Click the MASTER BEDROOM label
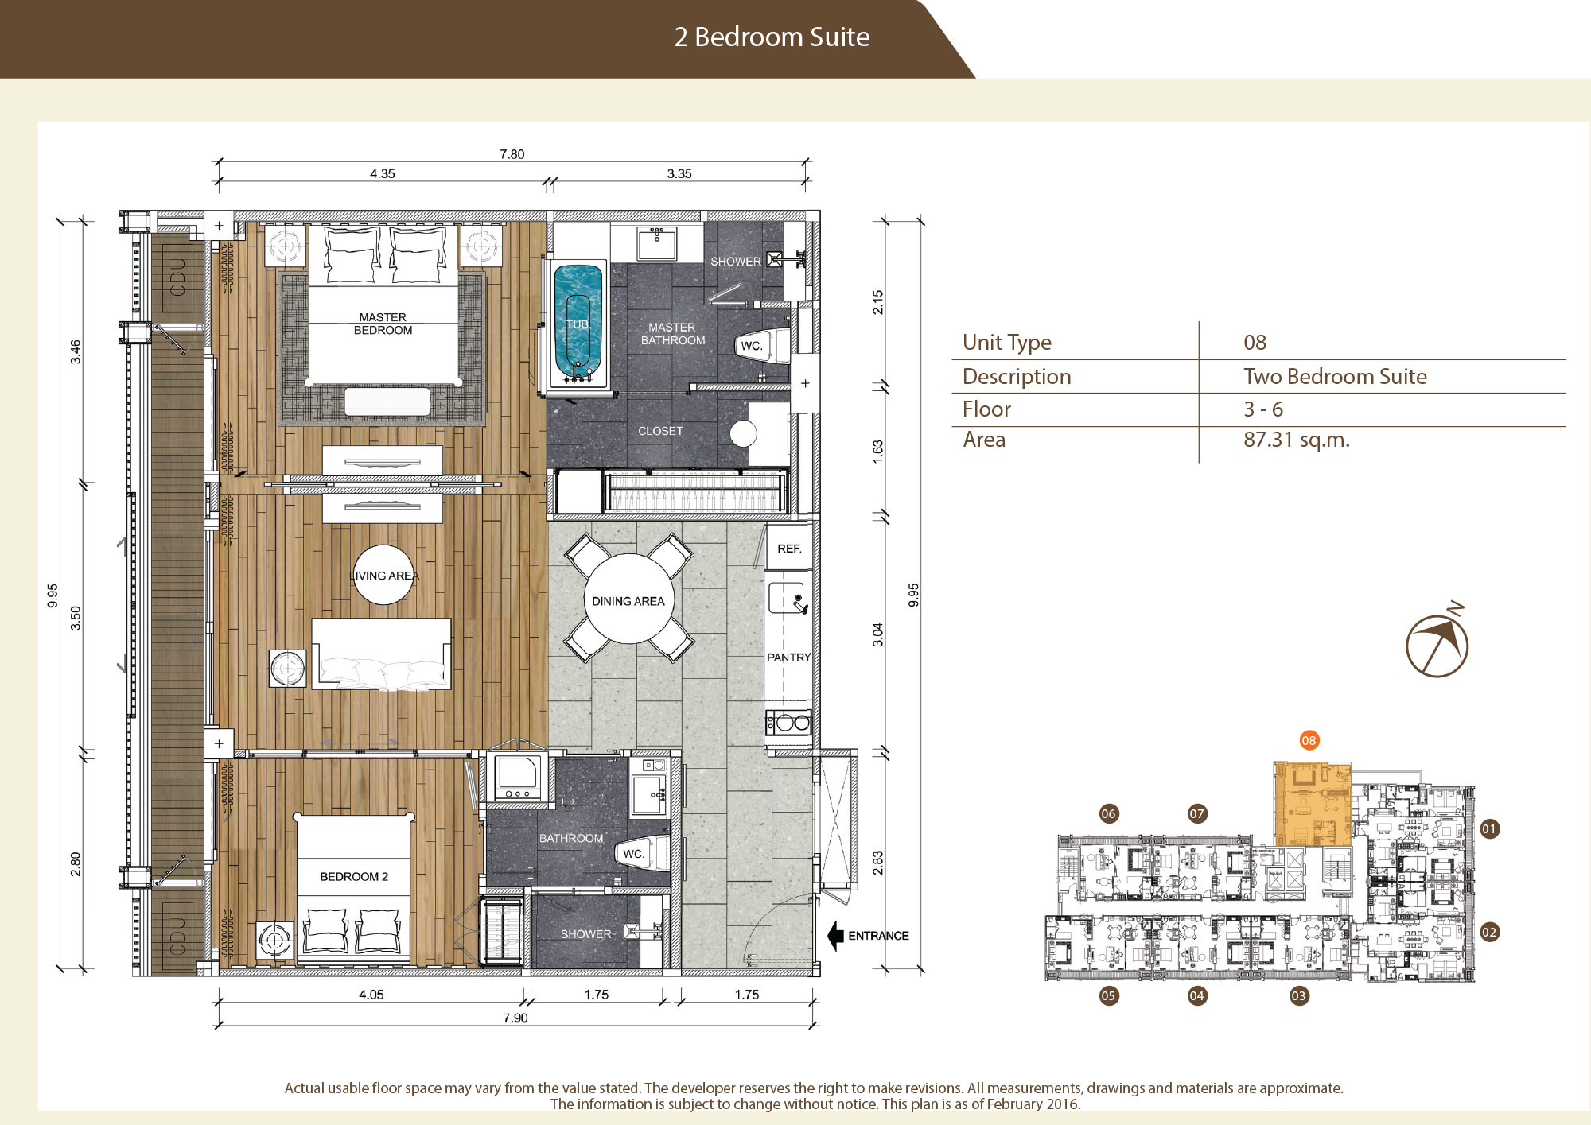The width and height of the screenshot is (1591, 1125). click(x=383, y=324)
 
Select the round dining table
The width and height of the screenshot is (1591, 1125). click(x=628, y=599)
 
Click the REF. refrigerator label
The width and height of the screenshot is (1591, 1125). click(x=789, y=549)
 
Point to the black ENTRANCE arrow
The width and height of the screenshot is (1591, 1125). click(x=835, y=936)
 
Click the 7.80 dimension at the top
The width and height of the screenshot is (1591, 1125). click(x=512, y=154)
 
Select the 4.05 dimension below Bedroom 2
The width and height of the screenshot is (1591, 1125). click(x=371, y=995)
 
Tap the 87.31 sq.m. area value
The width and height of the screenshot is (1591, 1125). click(x=1297, y=440)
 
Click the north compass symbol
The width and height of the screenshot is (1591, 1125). click(x=1437, y=642)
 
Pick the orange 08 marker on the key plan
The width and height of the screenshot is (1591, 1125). click(x=1309, y=740)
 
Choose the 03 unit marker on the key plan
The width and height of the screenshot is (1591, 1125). click(x=1298, y=995)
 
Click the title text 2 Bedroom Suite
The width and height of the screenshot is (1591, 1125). click(x=772, y=37)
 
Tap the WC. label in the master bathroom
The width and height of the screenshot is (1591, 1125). click(x=752, y=346)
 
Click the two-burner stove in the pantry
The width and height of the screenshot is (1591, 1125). click(x=788, y=723)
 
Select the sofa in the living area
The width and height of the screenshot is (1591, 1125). click(x=382, y=654)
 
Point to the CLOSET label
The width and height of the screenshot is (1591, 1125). click(x=660, y=431)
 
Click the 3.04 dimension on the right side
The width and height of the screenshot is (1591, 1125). click(x=877, y=634)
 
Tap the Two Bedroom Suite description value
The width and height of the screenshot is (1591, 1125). click(x=1335, y=376)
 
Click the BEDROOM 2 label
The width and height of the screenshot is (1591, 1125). click(x=354, y=876)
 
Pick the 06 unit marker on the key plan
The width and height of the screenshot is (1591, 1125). click(x=1108, y=813)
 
